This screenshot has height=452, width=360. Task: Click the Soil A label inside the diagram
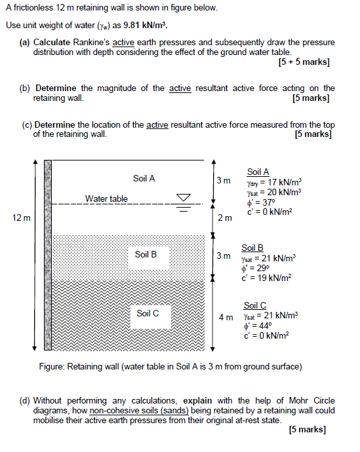click(144, 178)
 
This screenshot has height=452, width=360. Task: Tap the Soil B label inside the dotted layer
click(146, 254)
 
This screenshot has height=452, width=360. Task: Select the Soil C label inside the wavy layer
click(148, 313)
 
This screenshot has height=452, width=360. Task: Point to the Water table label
click(106, 198)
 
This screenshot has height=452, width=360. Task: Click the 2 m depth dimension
click(224, 218)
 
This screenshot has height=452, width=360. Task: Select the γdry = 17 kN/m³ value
click(274, 183)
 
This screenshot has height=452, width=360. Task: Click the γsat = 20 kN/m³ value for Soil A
click(273, 193)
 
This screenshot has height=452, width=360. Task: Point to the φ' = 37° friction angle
click(262, 202)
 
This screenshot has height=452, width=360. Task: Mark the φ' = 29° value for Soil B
click(256, 268)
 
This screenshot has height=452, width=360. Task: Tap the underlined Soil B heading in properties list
click(252, 248)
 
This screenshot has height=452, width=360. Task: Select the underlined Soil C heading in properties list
click(254, 305)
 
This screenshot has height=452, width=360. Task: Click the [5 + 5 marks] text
click(304, 63)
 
